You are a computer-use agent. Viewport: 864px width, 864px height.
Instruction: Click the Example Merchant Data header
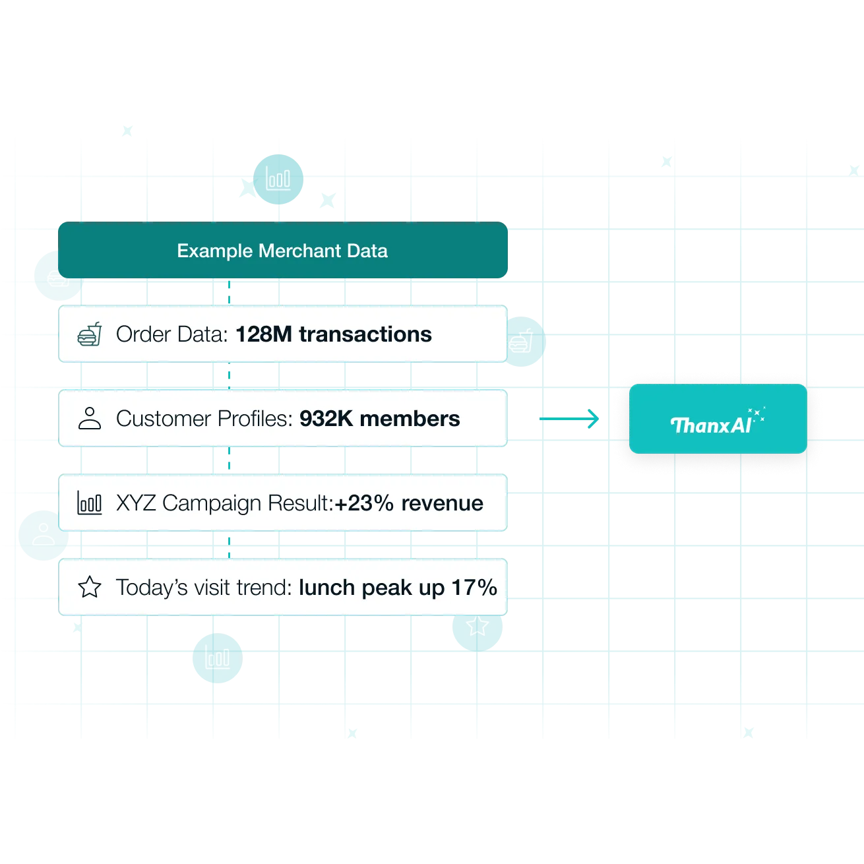(282, 251)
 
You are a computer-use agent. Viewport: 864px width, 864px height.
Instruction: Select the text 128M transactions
(333, 334)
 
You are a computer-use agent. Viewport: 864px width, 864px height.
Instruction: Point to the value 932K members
(379, 419)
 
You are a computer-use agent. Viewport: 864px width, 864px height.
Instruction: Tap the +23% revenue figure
(409, 503)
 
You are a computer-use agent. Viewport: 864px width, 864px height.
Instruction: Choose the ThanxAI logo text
(710, 425)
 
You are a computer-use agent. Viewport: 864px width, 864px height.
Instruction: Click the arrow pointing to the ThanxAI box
(571, 418)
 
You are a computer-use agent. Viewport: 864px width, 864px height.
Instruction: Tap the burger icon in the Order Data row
(90, 334)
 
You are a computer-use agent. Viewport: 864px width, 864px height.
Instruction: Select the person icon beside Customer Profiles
(90, 418)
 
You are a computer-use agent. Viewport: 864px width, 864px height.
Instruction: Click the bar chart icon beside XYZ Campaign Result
(90, 503)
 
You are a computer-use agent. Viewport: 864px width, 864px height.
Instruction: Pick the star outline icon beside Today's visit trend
(90, 587)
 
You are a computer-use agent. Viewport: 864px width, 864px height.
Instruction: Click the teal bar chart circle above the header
(278, 179)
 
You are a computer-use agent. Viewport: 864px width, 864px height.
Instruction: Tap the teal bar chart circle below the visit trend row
(217, 658)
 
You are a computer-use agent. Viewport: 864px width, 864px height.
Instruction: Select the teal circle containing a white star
(477, 627)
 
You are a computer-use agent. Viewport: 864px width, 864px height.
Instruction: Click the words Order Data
(171, 334)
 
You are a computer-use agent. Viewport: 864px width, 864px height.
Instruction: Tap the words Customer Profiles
(202, 419)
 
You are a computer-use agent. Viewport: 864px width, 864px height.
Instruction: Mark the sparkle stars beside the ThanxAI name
(757, 414)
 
